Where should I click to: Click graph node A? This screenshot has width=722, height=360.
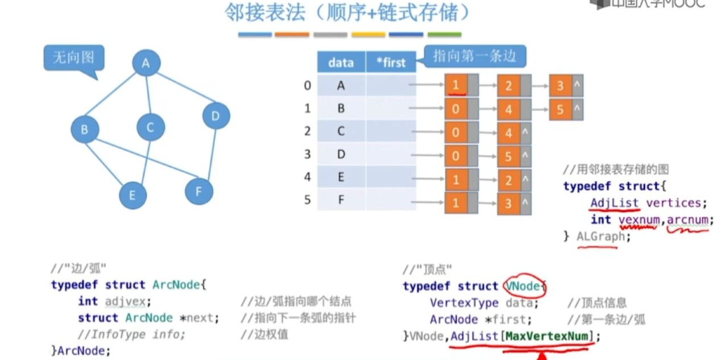(x=146, y=64)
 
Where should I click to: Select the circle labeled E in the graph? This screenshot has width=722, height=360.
(x=132, y=196)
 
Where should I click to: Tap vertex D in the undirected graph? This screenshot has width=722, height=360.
(x=216, y=117)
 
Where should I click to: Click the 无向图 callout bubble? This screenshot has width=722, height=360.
(x=73, y=57)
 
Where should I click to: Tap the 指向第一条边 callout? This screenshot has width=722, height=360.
(x=474, y=56)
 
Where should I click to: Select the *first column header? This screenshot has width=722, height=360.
(x=391, y=63)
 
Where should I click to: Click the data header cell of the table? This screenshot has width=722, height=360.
(x=341, y=63)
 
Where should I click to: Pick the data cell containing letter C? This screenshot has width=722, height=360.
(x=341, y=131)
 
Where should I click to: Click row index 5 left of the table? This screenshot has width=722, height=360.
(x=308, y=200)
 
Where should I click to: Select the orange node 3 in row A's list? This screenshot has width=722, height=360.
(x=561, y=86)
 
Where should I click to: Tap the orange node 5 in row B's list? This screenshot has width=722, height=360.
(x=561, y=109)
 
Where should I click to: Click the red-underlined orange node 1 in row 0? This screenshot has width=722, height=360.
(x=456, y=86)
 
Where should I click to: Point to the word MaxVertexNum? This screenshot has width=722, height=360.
(x=546, y=336)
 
